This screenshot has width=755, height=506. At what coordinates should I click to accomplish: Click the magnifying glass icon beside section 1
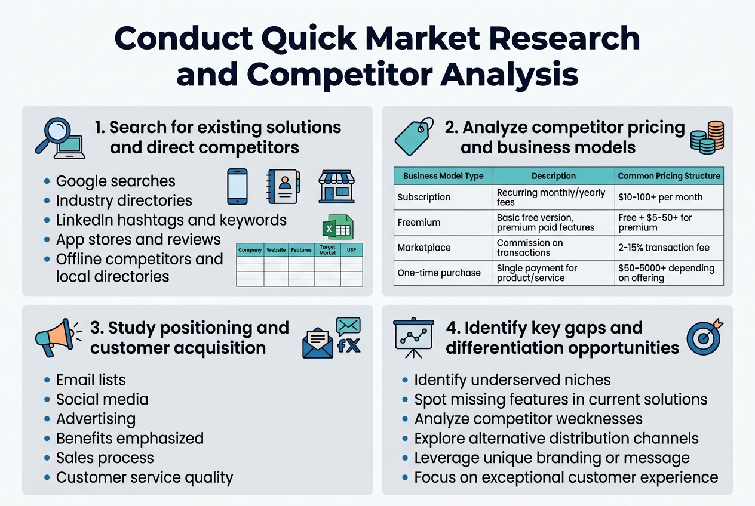(60, 138)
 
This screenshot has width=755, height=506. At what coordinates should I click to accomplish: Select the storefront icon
(336, 186)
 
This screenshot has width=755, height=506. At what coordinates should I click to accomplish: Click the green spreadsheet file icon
(337, 227)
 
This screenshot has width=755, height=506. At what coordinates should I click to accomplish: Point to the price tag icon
(413, 137)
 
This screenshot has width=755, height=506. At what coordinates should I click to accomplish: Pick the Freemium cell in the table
(419, 223)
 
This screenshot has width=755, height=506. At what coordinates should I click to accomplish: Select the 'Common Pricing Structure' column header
(669, 176)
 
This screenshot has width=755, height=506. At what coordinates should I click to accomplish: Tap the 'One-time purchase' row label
(439, 273)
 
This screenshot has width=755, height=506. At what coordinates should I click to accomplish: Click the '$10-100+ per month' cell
(660, 197)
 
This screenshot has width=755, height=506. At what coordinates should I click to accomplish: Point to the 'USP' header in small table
(351, 250)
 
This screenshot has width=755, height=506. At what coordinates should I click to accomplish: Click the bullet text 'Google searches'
(116, 181)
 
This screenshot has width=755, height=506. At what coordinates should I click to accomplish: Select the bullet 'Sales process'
(105, 458)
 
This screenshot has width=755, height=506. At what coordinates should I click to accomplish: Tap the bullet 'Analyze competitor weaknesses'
(529, 419)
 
